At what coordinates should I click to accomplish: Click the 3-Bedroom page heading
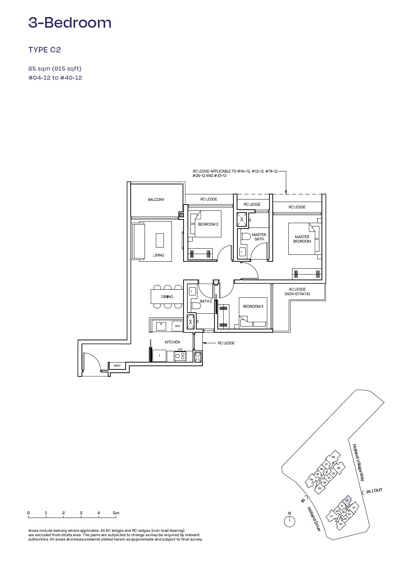(x=70, y=23)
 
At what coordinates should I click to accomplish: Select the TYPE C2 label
(x=44, y=50)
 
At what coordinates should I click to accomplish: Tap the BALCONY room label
(x=156, y=200)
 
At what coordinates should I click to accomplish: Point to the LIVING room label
(x=158, y=255)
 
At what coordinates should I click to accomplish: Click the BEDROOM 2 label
(x=208, y=224)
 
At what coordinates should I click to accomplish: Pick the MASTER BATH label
(x=259, y=237)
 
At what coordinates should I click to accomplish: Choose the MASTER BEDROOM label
(x=302, y=239)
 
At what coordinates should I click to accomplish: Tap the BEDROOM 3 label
(x=253, y=306)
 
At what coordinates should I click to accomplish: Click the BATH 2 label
(x=206, y=301)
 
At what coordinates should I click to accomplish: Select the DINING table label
(x=167, y=297)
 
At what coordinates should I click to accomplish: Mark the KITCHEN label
(x=172, y=342)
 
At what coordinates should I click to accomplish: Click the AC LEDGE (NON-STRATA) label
(x=297, y=292)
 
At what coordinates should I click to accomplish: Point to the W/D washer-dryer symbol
(x=177, y=326)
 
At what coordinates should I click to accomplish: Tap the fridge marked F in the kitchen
(x=159, y=356)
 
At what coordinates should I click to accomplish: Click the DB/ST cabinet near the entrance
(x=117, y=365)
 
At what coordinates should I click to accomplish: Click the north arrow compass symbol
(x=289, y=521)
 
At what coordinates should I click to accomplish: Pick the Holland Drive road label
(x=314, y=519)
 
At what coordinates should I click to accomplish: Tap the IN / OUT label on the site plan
(x=374, y=491)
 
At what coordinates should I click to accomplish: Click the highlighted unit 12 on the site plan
(x=347, y=500)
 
